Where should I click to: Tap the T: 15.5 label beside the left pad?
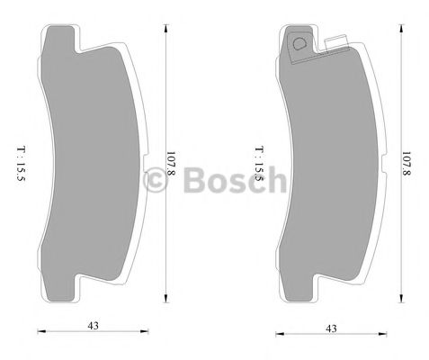click(19, 161)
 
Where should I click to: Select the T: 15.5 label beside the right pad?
click(258, 162)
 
